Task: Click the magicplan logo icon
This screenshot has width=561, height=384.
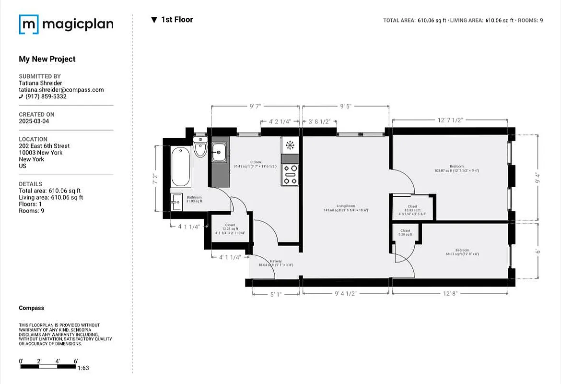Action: click(28, 24)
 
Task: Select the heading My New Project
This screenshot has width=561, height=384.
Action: click(47, 59)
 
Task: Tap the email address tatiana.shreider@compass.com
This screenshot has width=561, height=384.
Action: click(61, 90)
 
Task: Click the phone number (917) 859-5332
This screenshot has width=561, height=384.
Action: click(46, 96)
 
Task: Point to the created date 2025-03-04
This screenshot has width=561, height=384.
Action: click(34, 121)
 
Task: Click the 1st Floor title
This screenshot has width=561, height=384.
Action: click(176, 20)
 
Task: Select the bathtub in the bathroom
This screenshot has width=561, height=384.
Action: click(181, 167)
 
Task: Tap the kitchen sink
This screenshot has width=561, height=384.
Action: click(219, 152)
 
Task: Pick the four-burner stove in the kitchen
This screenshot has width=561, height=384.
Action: click(290, 175)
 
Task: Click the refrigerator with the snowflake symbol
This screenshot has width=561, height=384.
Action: click(290, 145)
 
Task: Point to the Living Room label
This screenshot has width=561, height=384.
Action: click(346, 208)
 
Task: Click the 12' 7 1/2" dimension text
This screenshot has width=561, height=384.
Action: click(449, 120)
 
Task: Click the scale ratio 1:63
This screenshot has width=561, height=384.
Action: click(83, 368)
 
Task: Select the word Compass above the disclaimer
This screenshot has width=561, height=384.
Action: click(31, 308)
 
